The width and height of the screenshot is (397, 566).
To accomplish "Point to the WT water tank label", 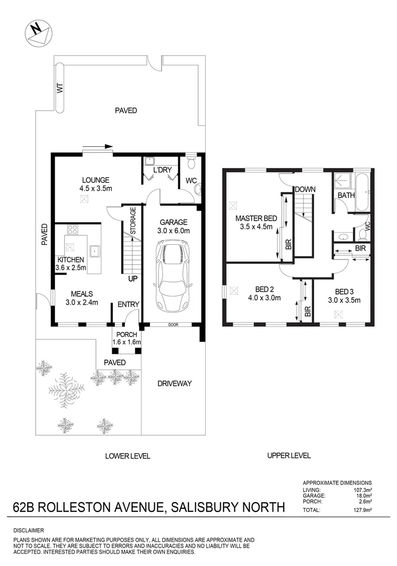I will [x=60, y=89].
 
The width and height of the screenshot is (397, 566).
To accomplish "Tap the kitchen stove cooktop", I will [x=72, y=229].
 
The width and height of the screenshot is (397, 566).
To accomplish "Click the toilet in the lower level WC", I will [x=191, y=164].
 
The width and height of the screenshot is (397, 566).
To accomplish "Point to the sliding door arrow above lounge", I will [x=98, y=147].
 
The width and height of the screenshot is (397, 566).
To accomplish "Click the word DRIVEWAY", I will [x=175, y=384].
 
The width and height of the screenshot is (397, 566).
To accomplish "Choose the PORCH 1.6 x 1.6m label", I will [x=126, y=339].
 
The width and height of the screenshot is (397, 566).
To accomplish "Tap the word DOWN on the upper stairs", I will [x=304, y=189].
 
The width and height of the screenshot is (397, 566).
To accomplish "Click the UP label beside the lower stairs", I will [x=133, y=279].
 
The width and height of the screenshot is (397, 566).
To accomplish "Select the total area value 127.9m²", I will [x=362, y=509].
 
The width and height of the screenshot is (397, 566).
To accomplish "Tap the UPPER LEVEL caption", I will [x=289, y=455].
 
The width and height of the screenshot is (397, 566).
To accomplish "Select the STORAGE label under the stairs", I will [x=133, y=220].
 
